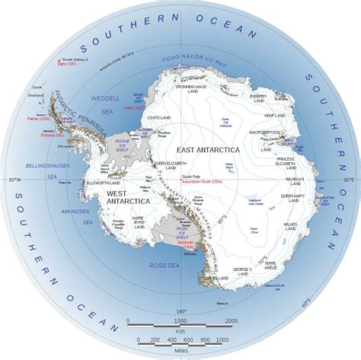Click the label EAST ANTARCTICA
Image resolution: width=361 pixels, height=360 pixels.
207,150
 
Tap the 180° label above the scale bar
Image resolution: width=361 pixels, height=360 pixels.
181,311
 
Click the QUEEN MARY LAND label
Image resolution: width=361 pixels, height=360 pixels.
297,196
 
